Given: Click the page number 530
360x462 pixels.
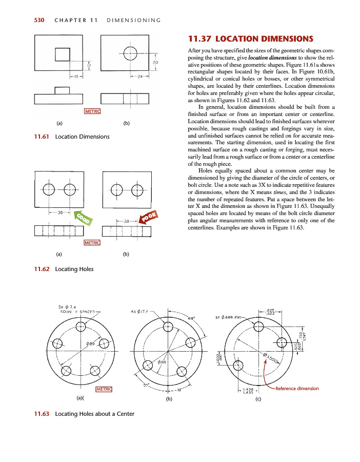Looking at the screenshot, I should pos(39,21).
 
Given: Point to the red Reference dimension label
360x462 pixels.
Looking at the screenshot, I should pos(297,389).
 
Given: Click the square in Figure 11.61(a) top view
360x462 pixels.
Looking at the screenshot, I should pos(63,54).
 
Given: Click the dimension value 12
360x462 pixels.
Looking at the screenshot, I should pos(88,65).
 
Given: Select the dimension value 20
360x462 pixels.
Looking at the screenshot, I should pos(155,62).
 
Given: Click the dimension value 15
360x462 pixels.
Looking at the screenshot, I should pos(75,76).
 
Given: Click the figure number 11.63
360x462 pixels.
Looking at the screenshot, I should pos(42,414).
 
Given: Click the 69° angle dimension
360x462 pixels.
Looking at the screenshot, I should pos(191,318).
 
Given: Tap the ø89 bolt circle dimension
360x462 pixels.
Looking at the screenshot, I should pos(90,343).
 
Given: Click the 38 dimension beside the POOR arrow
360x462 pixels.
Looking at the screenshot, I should pos(127,221).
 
